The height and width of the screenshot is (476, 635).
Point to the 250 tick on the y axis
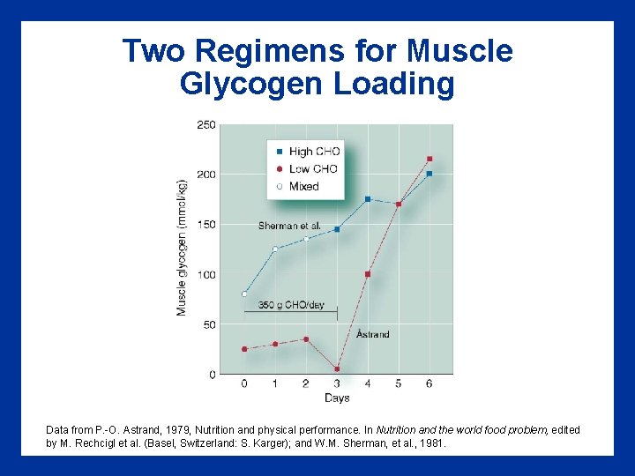(205, 125)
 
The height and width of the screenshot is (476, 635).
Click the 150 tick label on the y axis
(205, 225)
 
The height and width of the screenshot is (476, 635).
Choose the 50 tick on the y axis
(208, 325)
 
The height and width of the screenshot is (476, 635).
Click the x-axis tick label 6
(430, 383)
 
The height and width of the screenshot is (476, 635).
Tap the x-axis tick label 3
(337, 383)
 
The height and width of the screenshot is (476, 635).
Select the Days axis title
(337, 398)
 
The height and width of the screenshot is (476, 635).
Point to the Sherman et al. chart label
(289, 227)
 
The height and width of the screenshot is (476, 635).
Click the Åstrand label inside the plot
(373, 334)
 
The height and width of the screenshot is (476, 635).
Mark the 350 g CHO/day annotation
(291, 305)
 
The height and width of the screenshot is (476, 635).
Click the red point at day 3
(337, 369)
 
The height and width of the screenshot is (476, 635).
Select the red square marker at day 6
(430, 159)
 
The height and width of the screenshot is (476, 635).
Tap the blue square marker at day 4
(368, 199)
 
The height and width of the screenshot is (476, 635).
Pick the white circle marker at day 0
(244, 294)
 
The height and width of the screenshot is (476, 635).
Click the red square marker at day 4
(368, 274)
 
